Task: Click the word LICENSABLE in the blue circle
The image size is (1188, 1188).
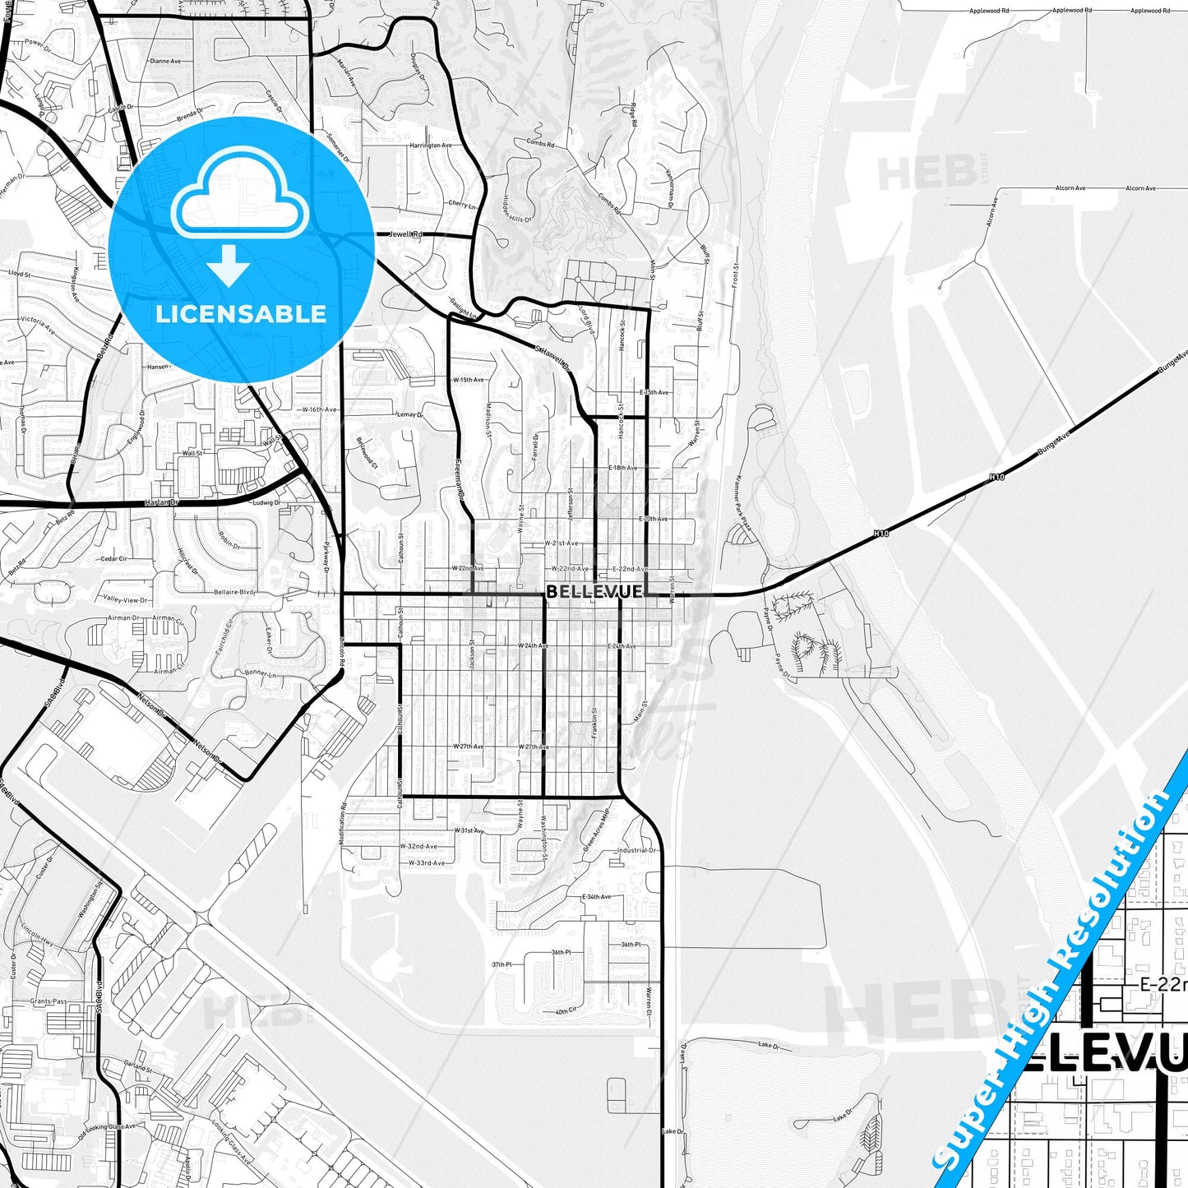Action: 241,313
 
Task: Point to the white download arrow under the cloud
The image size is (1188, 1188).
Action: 229,265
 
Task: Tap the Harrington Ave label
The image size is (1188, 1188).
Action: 431,146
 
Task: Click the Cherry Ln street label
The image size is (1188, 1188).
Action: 461,204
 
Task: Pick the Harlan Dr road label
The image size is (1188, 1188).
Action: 161,502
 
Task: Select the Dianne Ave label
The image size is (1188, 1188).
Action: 165,61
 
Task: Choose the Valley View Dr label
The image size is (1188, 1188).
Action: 126,600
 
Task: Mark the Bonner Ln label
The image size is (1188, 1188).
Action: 261,673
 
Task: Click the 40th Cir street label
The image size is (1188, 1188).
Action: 566,1010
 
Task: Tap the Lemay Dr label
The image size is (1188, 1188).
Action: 409,414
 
